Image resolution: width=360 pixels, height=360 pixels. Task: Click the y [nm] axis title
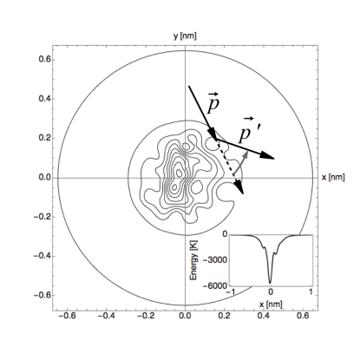185,36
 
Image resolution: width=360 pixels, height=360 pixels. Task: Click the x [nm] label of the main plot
333,177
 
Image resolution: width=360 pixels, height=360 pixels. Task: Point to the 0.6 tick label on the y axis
45,60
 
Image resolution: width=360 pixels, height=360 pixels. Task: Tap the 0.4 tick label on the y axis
45,99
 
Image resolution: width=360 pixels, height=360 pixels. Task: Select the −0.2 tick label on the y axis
43,217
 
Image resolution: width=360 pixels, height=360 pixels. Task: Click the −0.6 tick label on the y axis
43,295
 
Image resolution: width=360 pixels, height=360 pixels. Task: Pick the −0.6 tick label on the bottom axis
67,316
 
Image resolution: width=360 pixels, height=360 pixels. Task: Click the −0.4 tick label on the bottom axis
107,316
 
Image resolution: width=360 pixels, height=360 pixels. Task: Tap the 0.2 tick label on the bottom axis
225,316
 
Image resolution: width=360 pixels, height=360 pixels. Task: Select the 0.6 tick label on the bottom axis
303,316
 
